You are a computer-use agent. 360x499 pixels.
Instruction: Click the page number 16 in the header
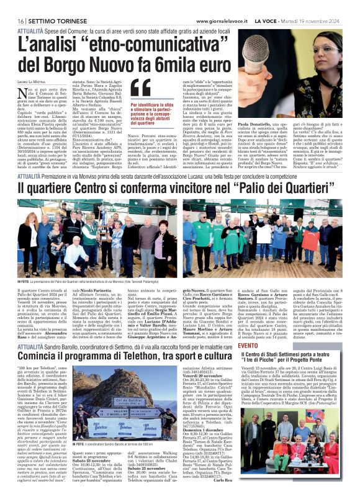coord(12,4)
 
